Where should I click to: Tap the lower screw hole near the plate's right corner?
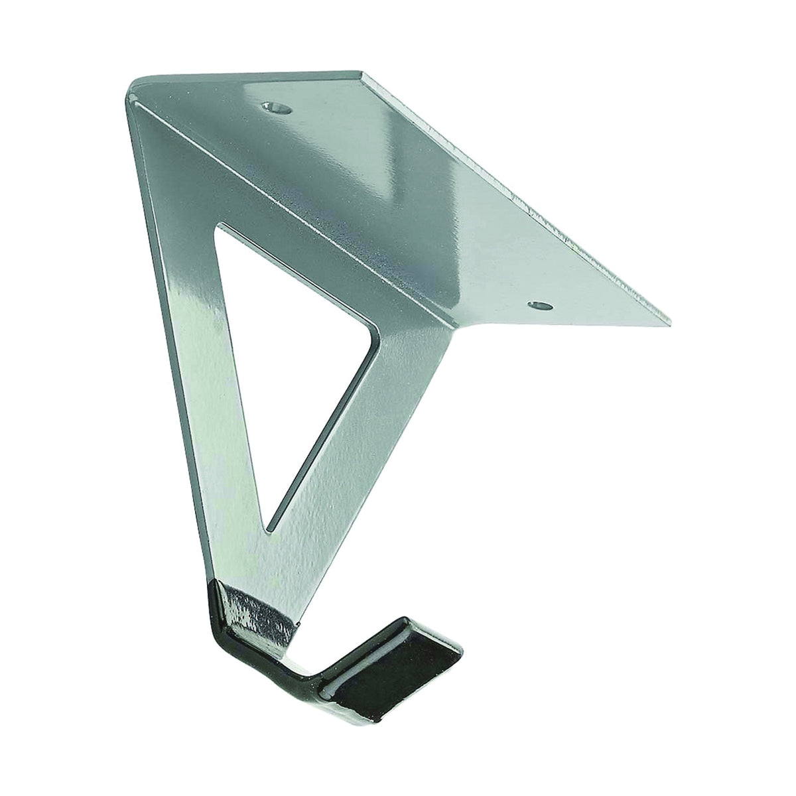coord(541,306)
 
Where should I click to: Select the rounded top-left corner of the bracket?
coord(136,84)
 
